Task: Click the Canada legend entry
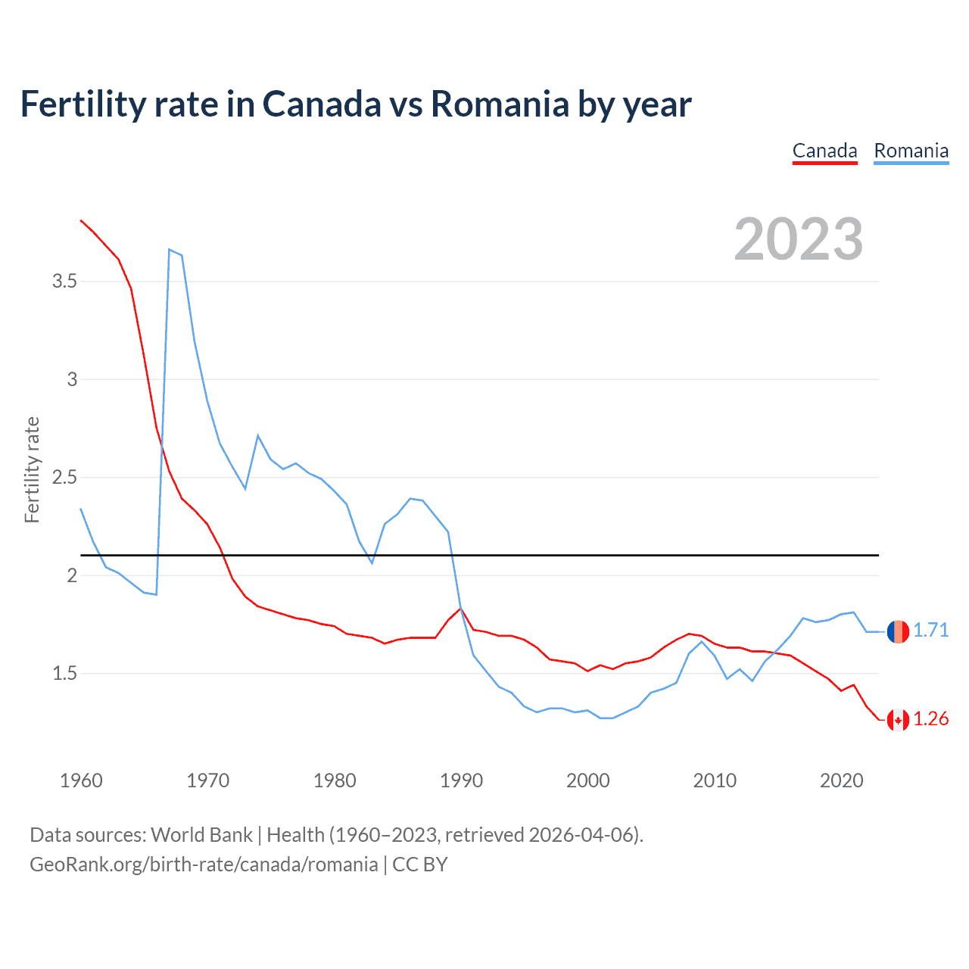[x=824, y=151]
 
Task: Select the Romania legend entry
[x=911, y=151]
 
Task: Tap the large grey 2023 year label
[x=799, y=239]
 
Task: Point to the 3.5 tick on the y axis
[x=64, y=282]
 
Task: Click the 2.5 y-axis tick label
[x=64, y=478]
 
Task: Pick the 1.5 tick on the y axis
[x=64, y=674]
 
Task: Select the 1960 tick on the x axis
[x=81, y=780]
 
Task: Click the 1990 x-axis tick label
[x=461, y=780]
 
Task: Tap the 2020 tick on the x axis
[x=841, y=780]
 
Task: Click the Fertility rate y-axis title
[x=32, y=469]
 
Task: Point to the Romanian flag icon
[x=898, y=631]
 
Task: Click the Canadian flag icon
[x=898, y=719]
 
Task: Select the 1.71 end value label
[x=930, y=631]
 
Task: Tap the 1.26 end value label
[x=930, y=719]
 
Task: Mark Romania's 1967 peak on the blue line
[x=170, y=249]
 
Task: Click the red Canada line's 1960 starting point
[x=81, y=220]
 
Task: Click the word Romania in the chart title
[x=500, y=104]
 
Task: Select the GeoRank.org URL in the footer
[x=204, y=865]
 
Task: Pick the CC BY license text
[x=420, y=865]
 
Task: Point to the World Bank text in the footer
[x=201, y=835]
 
